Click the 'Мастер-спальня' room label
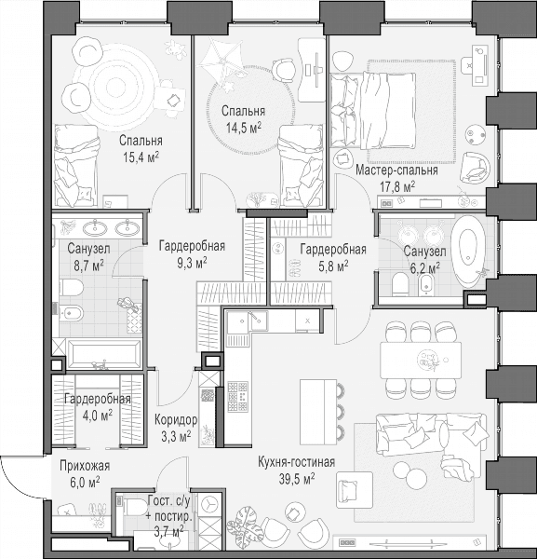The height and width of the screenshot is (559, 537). coord(396,170)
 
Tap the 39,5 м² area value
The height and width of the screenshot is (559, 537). coord(296,479)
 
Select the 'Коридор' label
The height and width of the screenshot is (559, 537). coord(176,420)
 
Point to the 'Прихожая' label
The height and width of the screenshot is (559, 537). coord(85,466)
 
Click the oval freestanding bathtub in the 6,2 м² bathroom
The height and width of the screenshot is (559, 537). coord(467,251)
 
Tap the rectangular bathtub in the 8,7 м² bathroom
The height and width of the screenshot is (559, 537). coord(103,354)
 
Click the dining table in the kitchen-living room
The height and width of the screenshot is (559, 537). coord(421,360)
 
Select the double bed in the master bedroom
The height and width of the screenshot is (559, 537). coord(373,111)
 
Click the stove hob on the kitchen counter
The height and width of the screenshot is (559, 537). coord(237,396)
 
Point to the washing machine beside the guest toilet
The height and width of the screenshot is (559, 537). coord(209,505)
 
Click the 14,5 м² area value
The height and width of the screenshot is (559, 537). coord(244,128)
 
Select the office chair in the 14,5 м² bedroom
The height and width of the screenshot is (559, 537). coord(284,69)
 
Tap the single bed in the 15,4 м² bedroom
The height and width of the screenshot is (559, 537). coord(75,166)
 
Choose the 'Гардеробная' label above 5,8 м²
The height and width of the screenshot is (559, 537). coord(333,249)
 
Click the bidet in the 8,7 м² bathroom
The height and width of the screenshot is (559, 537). coord(71,313)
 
